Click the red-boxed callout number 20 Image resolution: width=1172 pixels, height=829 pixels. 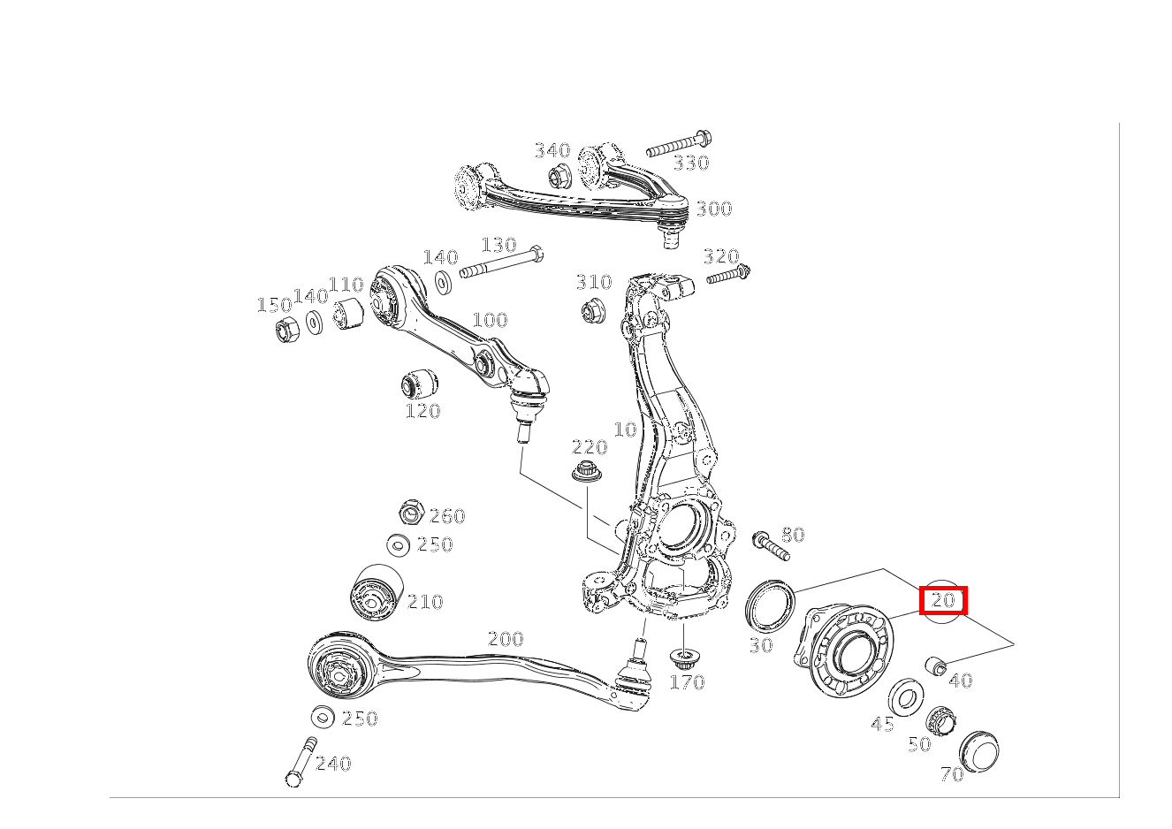click(943, 600)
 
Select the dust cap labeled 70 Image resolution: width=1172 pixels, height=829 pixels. click(978, 751)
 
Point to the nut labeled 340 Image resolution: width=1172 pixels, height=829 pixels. click(560, 177)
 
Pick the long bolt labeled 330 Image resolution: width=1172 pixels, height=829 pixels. click(679, 144)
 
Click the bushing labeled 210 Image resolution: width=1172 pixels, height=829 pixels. click(376, 593)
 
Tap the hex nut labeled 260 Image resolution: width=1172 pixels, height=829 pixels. click(411, 512)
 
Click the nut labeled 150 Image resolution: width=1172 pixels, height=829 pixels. click(286, 329)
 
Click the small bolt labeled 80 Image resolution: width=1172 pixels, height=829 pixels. click(771, 546)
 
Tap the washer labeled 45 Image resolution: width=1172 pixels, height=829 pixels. click(906, 697)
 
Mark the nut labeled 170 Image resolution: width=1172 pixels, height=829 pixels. click(682, 659)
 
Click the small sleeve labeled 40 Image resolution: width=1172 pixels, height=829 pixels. click(936, 665)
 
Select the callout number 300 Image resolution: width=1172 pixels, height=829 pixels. click(714, 209)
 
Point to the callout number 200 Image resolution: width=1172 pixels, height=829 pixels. click(506, 639)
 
